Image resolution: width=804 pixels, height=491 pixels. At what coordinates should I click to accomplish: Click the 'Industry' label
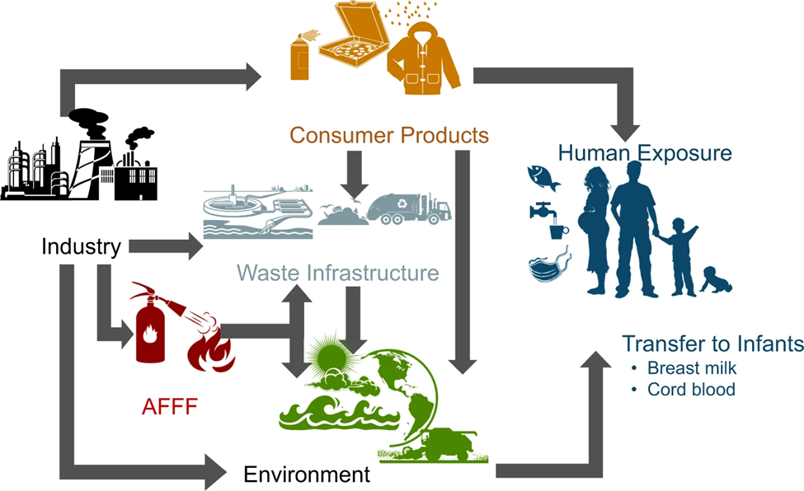[82, 245]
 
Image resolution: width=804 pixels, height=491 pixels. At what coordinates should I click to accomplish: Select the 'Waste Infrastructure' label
[337, 272]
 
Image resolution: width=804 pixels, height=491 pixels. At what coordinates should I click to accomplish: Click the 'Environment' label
[307, 474]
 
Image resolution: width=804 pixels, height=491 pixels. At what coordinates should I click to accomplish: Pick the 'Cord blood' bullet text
[691, 389]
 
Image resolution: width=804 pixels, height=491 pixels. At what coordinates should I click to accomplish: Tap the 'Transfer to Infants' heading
[712, 344]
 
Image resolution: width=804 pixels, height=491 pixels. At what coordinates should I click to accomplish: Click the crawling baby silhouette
[717, 279]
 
